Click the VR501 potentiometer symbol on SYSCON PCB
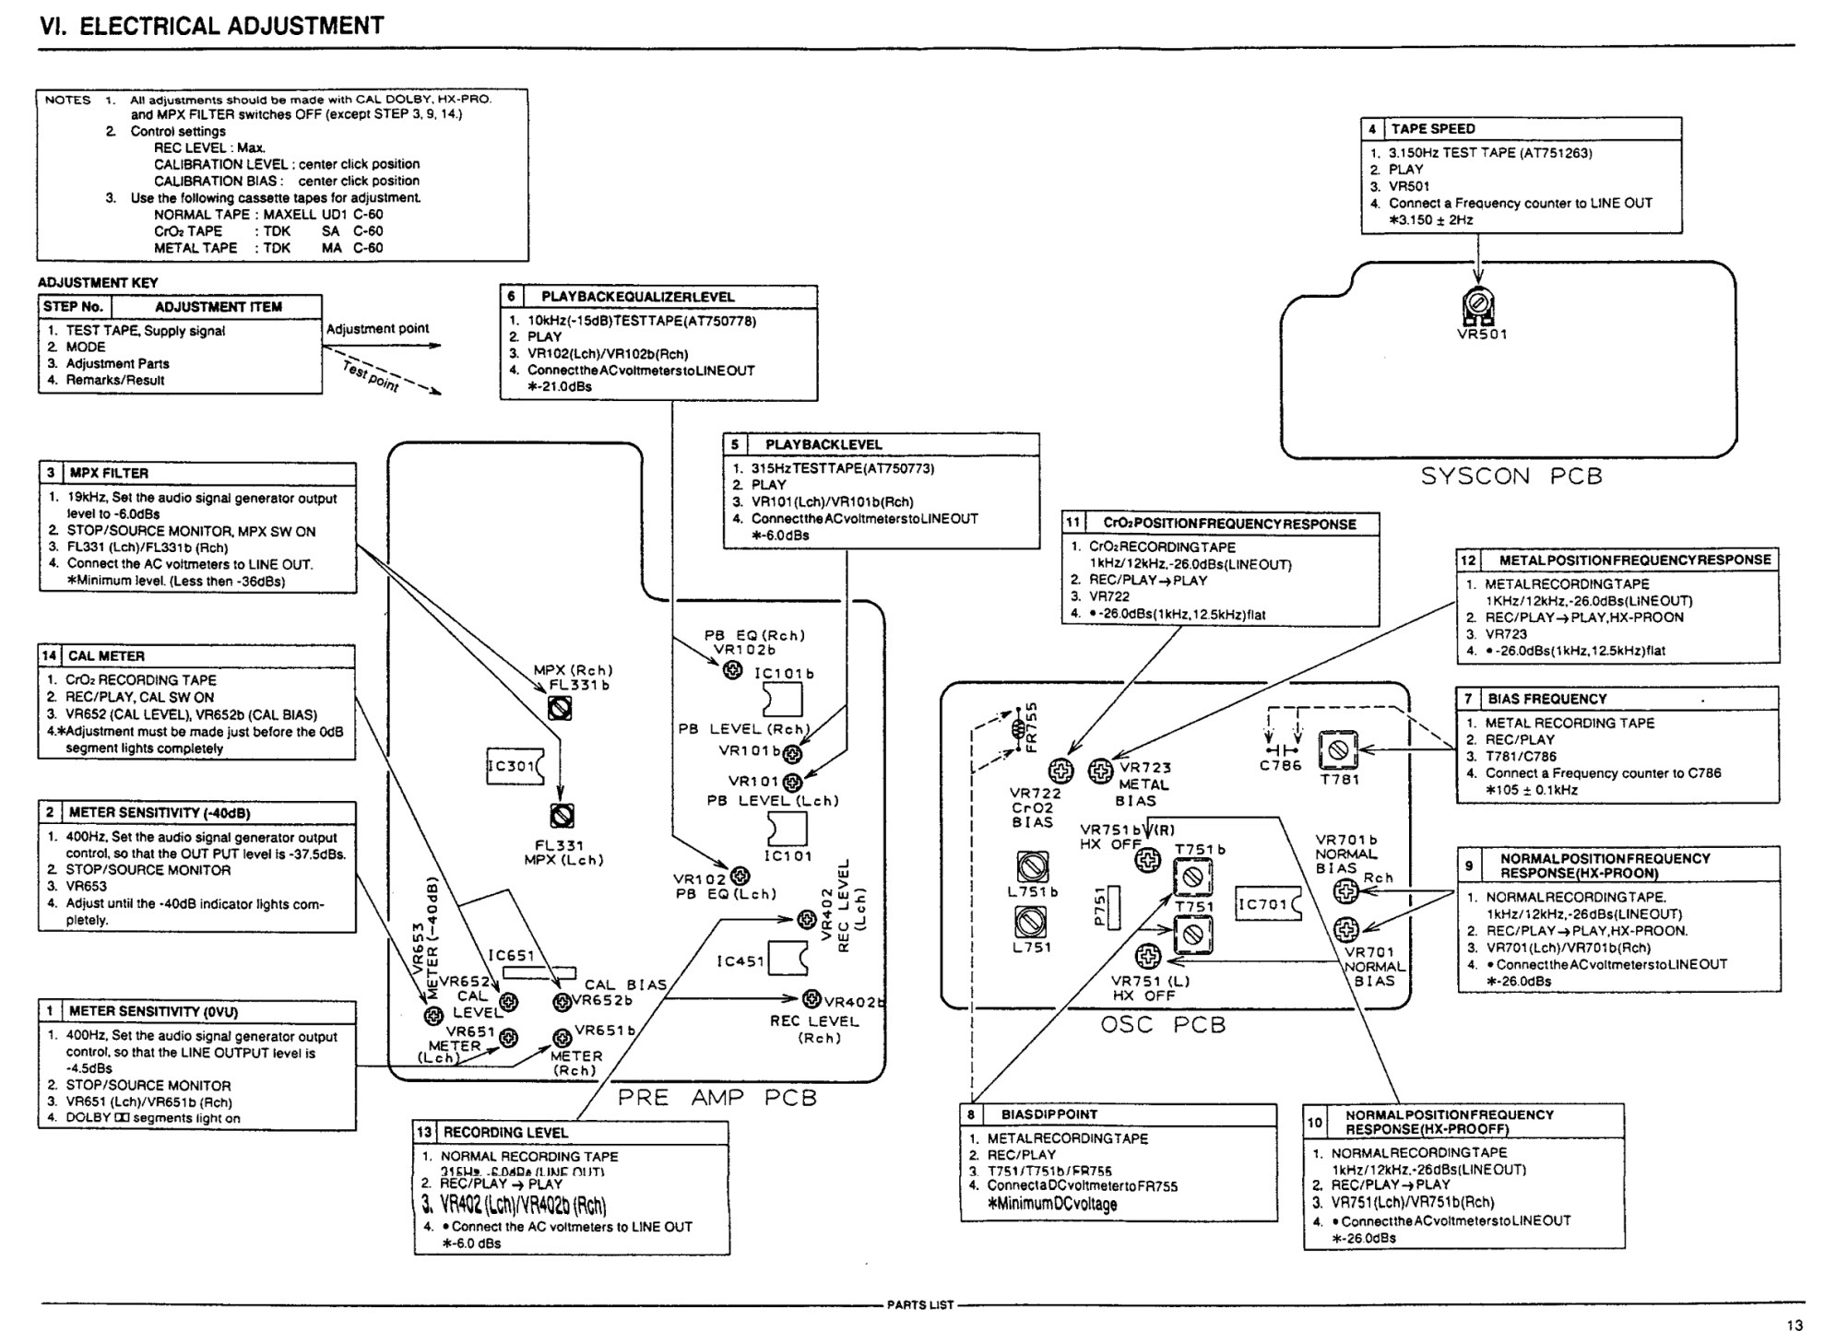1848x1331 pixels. pyautogui.click(x=1478, y=305)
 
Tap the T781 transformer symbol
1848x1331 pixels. pyautogui.click(x=1338, y=750)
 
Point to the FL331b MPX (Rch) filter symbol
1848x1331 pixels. pyautogui.click(x=560, y=708)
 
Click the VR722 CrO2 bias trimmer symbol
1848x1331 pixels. pyautogui.click(x=1061, y=770)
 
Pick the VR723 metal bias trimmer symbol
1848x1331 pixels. pyautogui.click(x=1100, y=771)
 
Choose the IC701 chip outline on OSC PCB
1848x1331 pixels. pyautogui.click(x=1268, y=905)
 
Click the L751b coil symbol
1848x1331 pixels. pyautogui.click(x=1032, y=866)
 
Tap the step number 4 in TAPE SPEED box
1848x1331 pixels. pyautogui.click(x=1372, y=129)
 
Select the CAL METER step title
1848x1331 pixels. pyautogui.click(x=106, y=656)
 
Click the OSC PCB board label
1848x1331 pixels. pyautogui.click(x=1163, y=1025)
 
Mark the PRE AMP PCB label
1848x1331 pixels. pyautogui.click(x=717, y=1098)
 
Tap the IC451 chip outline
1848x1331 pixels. pyautogui.click(x=788, y=959)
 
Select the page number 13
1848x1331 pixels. pyautogui.click(x=1794, y=1325)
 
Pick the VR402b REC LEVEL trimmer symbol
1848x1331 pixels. pyautogui.click(x=811, y=998)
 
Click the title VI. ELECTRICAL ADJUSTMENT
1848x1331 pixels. pyautogui.click(x=212, y=26)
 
